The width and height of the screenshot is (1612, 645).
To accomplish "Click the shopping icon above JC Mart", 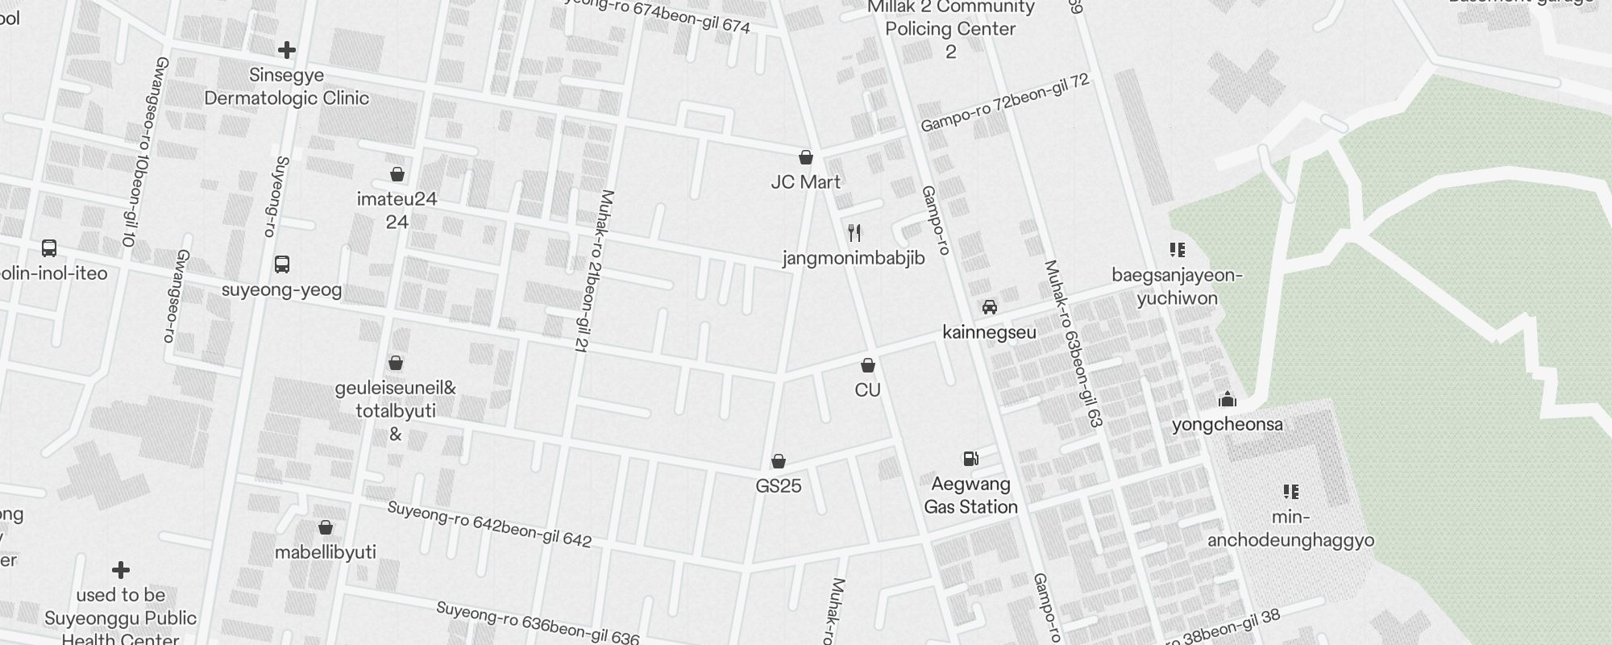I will pyautogui.click(x=805, y=157).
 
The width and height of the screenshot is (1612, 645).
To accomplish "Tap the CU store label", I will pyautogui.click(x=867, y=390).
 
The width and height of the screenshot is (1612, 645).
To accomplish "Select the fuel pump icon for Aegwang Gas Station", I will pyautogui.click(x=971, y=459).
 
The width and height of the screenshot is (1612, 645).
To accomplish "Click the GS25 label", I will pyautogui.click(x=779, y=486).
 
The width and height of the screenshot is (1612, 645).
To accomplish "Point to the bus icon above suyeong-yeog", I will pyautogui.click(x=282, y=264).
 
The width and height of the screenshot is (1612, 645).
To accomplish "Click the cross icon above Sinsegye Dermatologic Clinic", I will pyautogui.click(x=286, y=50).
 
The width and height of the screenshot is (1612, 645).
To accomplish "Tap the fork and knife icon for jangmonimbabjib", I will pyautogui.click(x=854, y=234).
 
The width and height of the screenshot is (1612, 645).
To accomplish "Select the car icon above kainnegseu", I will pyautogui.click(x=990, y=307).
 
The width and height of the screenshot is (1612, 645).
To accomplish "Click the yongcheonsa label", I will pyautogui.click(x=1227, y=425).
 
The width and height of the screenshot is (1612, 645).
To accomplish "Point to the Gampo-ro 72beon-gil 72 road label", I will pyautogui.click(x=1005, y=103).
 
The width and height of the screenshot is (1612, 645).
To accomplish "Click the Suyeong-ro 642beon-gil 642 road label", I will pyautogui.click(x=489, y=525).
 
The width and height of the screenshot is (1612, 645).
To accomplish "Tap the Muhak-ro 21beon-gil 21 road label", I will pyautogui.click(x=594, y=271).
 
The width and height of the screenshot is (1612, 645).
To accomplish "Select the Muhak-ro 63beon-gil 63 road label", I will pyautogui.click(x=1073, y=343).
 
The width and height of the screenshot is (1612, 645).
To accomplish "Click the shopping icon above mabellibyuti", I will pyautogui.click(x=326, y=528).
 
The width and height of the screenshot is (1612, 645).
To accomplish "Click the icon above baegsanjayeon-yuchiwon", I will pyautogui.click(x=1178, y=250).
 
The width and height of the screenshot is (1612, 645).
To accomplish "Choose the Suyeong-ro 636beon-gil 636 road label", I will pyautogui.click(x=538, y=623).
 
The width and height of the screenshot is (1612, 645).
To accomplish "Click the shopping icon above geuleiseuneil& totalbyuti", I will pyautogui.click(x=396, y=364).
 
